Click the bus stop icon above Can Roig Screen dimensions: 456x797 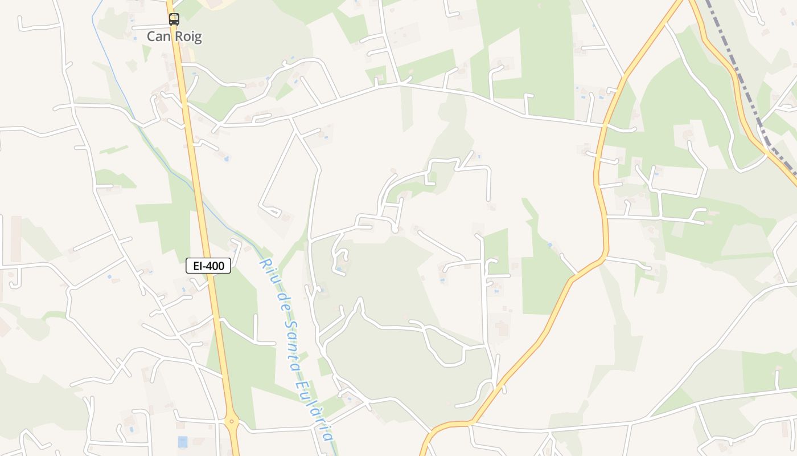click(x=174, y=19)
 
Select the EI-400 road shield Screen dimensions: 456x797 click(x=208, y=266)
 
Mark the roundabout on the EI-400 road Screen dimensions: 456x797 click(x=232, y=422)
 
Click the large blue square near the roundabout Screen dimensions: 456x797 click(x=182, y=441)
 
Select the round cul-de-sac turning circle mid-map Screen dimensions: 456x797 click(x=395, y=229)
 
